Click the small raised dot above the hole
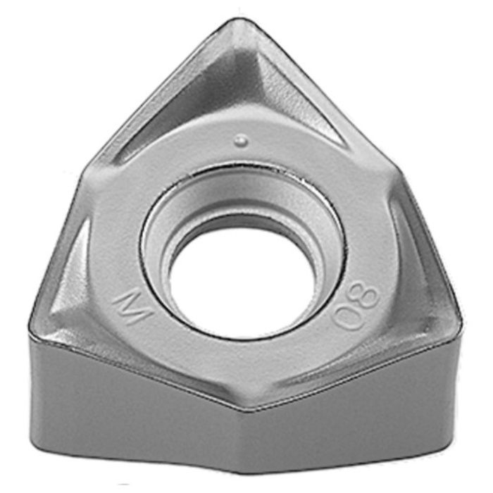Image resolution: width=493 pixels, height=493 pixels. coord(242,141)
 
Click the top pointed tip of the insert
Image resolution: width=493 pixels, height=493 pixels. coord(238,20)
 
